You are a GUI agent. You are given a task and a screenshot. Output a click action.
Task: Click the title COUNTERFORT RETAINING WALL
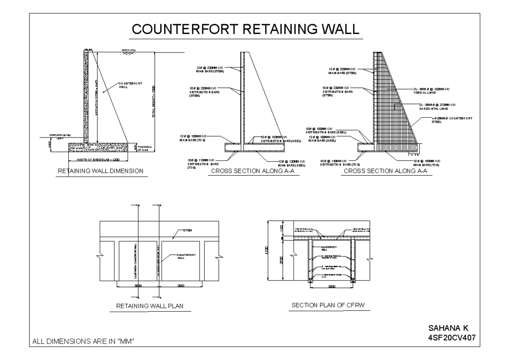(x=246, y=29)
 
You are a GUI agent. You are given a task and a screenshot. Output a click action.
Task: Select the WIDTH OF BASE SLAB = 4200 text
(x=97, y=160)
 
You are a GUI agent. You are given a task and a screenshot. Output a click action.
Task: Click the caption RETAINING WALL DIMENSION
(x=100, y=171)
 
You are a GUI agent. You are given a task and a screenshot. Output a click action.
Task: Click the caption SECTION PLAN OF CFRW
(x=329, y=305)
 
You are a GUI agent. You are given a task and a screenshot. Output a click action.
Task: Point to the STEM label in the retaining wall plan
(x=187, y=230)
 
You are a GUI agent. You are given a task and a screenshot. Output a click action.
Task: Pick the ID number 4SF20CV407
(x=452, y=337)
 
